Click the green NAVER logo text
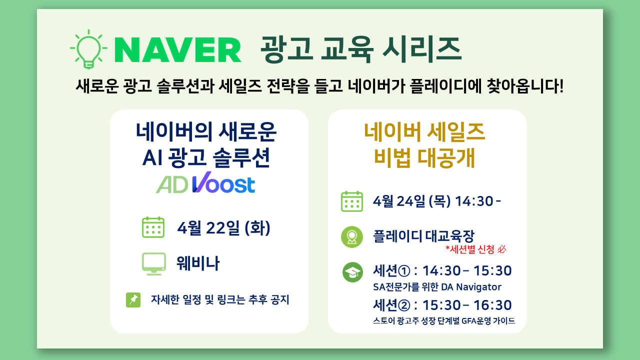pos(177,50)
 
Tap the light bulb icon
pos(88,49)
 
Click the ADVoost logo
pos(205,183)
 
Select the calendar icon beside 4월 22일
pos(153,227)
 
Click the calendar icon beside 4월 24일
pos(352,201)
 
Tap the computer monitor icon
pos(153,263)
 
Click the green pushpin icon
pos(133,299)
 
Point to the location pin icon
pos(352,237)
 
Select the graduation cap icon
pos(352,272)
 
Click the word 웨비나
pos(198,263)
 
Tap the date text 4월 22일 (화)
pos(223,228)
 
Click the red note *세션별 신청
pos(470,249)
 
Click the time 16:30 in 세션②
pos(492,305)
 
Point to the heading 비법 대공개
pos(424,157)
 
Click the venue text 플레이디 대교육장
pos(423,236)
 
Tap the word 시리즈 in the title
pos(422,49)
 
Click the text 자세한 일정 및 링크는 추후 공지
pos(220,299)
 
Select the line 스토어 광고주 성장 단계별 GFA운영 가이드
pos(444,321)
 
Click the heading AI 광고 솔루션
pos(206,157)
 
